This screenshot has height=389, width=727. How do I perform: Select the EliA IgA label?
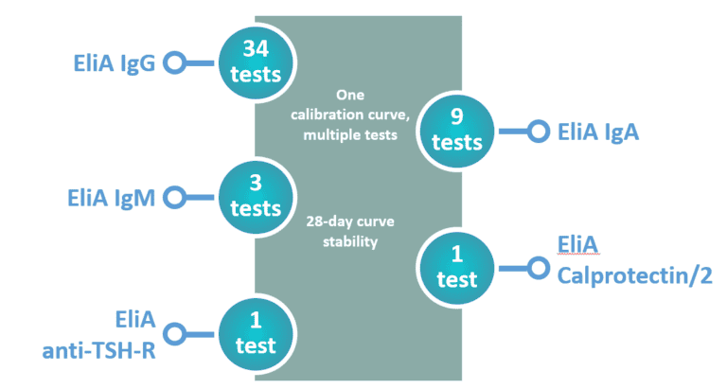tap(598, 133)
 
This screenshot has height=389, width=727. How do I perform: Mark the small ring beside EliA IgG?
tap(173, 63)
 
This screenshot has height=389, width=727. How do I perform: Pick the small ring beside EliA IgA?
tap(538, 132)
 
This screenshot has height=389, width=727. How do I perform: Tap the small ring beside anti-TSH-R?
tap(173, 333)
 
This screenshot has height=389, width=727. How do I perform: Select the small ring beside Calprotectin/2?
tap(538, 268)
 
